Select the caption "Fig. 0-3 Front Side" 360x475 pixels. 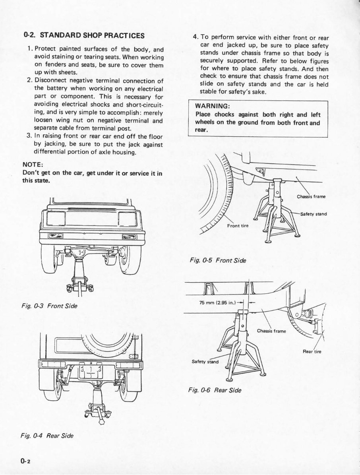tap(50, 306)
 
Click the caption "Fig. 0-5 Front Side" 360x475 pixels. tap(218, 261)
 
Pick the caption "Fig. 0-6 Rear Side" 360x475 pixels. tap(215, 390)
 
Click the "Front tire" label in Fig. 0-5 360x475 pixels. tap(238, 226)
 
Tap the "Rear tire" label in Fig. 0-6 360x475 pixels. tap(312, 351)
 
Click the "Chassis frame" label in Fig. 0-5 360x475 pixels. tap(311, 196)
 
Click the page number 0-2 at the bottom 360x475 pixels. tap(27, 460)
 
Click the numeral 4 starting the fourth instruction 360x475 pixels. tap(195, 38)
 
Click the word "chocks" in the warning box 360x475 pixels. tap(226, 114)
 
